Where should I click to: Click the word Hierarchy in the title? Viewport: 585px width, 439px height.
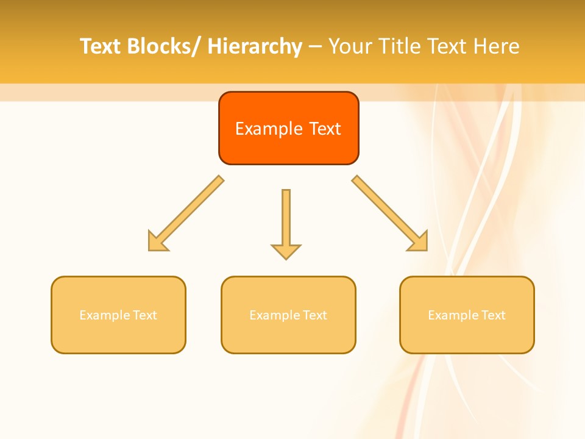254,46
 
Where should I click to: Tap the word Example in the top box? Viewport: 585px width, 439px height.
269,129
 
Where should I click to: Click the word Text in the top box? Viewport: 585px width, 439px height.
325,129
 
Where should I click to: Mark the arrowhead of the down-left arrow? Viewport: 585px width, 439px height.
156,243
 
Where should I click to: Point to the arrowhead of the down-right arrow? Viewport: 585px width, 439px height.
419,243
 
